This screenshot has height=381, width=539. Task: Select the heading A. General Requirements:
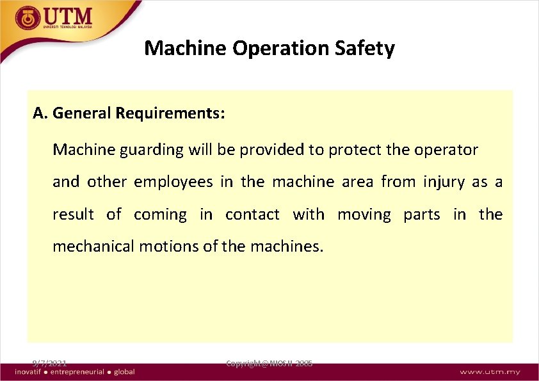click(129, 113)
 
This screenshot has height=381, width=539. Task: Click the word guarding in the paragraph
click(154, 150)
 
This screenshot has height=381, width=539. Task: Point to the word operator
click(446, 150)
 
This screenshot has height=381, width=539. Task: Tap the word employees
click(173, 182)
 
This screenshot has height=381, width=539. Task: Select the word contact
click(252, 214)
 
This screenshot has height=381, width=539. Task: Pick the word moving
click(364, 214)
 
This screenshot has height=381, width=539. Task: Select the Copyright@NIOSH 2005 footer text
click(269, 363)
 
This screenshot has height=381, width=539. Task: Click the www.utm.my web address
click(490, 372)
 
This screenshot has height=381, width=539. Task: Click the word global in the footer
click(125, 372)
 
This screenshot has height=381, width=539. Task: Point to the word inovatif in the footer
click(29, 372)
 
